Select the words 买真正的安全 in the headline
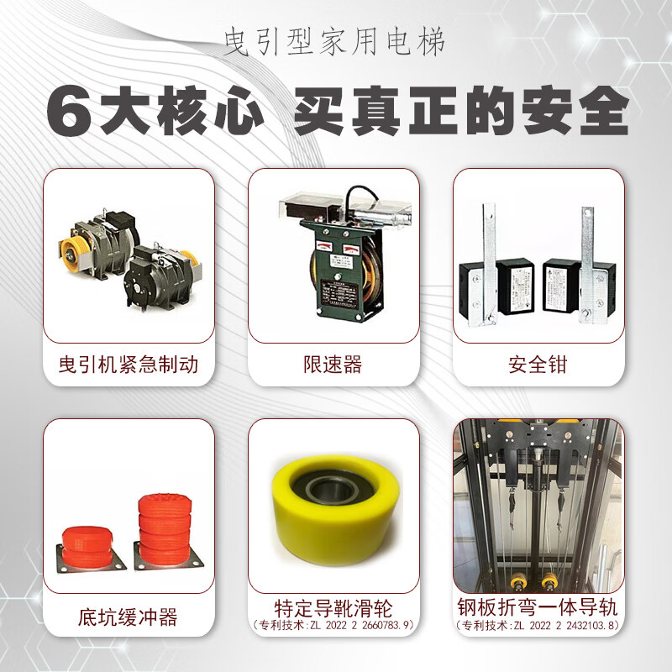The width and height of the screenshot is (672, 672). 459,110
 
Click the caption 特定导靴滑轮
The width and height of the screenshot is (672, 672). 333,607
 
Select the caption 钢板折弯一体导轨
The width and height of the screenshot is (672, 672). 538,607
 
